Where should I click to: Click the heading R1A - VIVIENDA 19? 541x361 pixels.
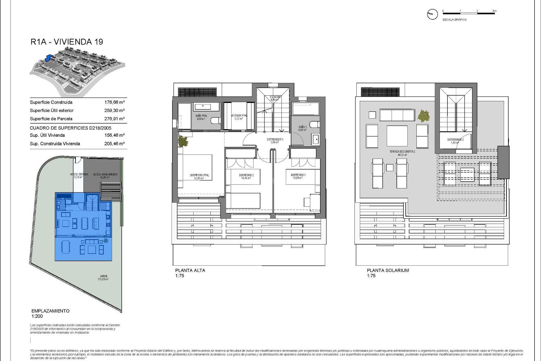67,42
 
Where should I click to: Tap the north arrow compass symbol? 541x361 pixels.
432,14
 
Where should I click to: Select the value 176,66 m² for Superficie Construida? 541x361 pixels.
114,102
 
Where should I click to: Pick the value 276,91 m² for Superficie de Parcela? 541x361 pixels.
114,119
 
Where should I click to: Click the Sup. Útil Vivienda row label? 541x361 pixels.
47,135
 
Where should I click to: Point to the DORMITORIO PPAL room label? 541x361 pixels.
199,175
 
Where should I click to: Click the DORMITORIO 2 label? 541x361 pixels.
246,175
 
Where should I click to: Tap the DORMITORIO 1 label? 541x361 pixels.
298,175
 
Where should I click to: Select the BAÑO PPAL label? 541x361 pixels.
201,116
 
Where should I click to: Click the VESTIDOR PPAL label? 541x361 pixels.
239,116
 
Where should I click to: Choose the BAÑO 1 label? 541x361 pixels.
302,127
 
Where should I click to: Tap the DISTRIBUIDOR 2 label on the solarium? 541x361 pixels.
455,140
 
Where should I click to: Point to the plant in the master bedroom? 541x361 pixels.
183,141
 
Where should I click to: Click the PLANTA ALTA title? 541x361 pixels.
190,270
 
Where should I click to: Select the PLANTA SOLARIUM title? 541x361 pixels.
387,270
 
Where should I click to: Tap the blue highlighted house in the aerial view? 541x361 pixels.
49,58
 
